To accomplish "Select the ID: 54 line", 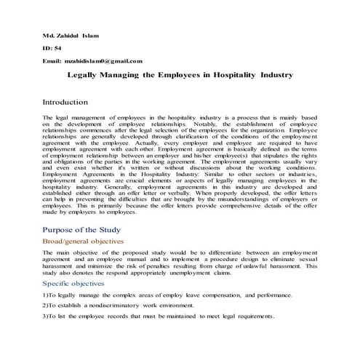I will click(x=53, y=49).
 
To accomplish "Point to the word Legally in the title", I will click(x=85, y=75).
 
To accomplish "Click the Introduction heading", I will click(x=76, y=103).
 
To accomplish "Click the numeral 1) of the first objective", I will click(x=46, y=295).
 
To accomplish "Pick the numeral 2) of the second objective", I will click(x=46, y=306).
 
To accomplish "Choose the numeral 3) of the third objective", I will click(x=46, y=318).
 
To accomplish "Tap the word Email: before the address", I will click(x=52, y=62).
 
